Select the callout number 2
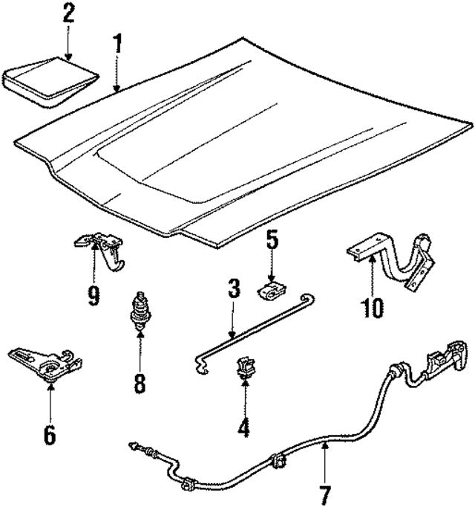[68, 13]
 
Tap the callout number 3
[233, 289]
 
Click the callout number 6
[49, 434]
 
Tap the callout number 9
[93, 295]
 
